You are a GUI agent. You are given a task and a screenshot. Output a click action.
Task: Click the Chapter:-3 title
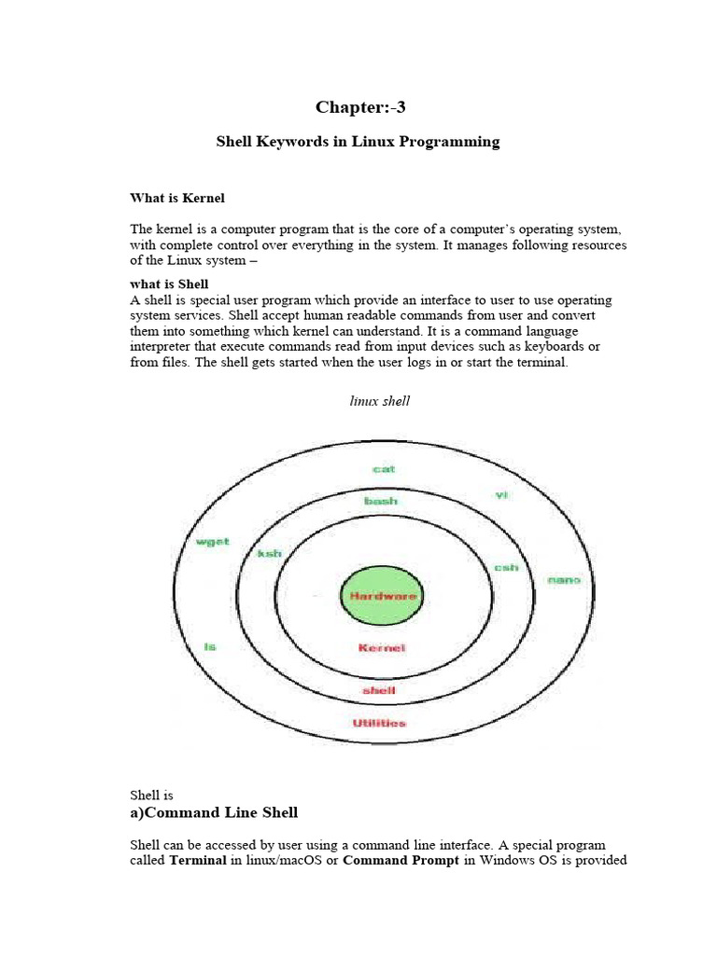(x=360, y=107)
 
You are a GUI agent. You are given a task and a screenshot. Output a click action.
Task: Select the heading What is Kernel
(x=176, y=198)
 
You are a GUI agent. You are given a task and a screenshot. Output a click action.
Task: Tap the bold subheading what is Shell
(x=169, y=284)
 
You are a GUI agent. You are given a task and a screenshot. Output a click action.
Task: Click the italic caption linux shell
(x=380, y=401)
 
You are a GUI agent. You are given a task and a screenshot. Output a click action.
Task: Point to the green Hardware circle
(x=383, y=595)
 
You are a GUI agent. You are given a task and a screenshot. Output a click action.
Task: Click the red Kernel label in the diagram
(x=382, y=648)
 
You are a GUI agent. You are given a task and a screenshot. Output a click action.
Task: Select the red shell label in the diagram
(x=378, y=690)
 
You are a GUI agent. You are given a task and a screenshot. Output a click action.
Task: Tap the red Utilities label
(x=379, y=723)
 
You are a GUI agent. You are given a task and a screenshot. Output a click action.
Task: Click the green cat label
(x=384, y=469)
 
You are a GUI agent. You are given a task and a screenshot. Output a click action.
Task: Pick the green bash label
(x=381, y=501)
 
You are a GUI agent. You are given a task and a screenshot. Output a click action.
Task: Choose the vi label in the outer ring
(x=501, y=495)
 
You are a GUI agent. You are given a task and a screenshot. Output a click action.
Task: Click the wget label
(x=212, y=542)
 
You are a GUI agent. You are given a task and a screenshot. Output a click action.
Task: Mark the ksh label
(x=269, y=554)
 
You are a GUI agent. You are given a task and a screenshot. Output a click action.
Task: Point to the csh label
(x=506, y=567)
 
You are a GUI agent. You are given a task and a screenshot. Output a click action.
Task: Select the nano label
(x=564, y=579)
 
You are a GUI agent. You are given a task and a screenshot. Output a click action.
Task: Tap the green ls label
(x=210, y=646)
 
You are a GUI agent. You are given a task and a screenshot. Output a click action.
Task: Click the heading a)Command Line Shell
(x=214, y=812)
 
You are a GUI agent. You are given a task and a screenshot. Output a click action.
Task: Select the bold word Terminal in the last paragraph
(x=198, y=860)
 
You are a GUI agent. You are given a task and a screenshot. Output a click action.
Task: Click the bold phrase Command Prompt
(x=401, y=860)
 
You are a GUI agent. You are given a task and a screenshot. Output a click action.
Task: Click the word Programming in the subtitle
(x=451, y=142)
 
